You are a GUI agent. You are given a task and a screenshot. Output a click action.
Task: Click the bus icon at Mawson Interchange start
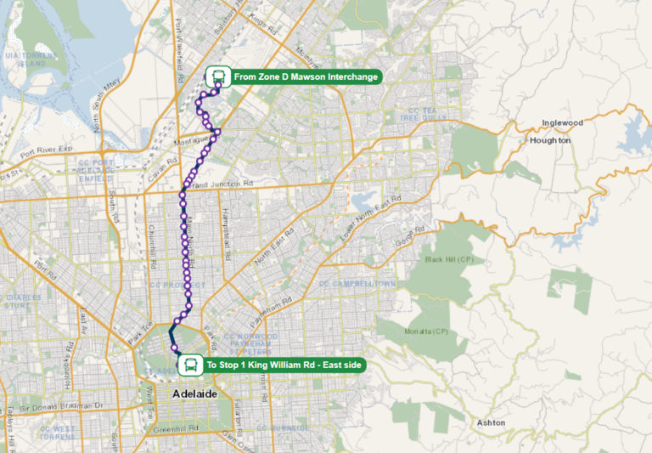[217, 76]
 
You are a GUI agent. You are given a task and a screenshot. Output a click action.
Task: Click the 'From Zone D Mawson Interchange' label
[305, 76]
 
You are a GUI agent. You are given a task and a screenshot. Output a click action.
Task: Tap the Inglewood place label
[563, 122]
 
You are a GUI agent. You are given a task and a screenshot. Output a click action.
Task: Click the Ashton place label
[492, 422]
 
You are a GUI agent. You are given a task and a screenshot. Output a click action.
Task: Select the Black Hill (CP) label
[448, 258]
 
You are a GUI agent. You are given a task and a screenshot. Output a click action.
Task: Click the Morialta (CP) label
[427, 331]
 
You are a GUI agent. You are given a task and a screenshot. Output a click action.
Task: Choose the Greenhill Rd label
[176, 428]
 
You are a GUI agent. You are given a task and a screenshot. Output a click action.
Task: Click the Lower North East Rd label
[371, 216]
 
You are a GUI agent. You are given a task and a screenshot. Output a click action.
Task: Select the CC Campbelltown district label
[357, 283]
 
